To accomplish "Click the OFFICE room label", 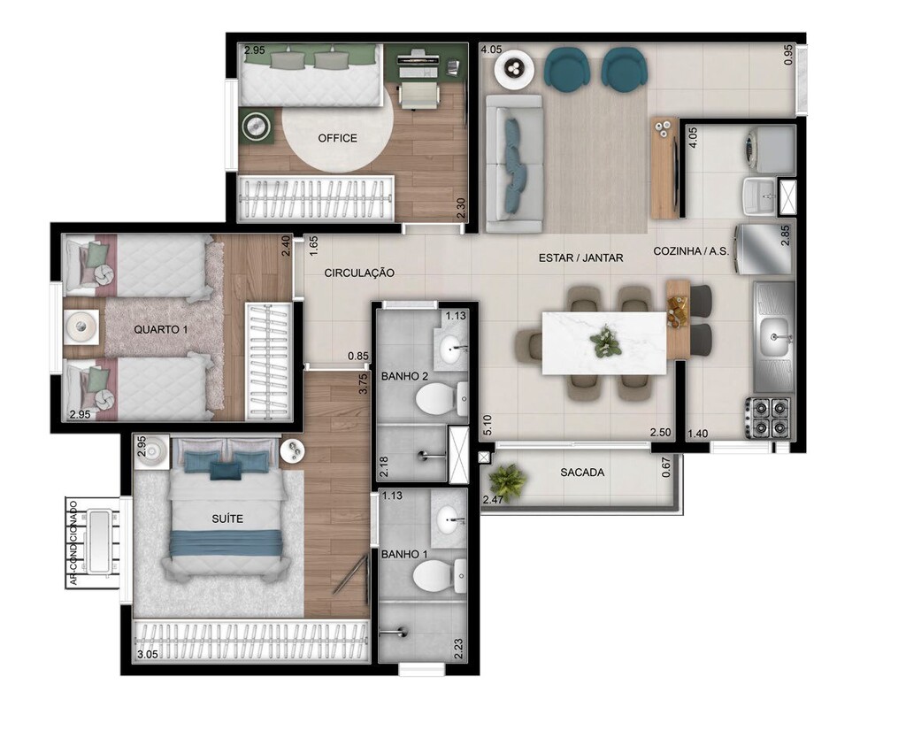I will pos(337,138).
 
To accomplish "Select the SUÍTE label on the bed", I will pos(227,519).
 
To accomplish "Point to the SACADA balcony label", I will pos(582,473).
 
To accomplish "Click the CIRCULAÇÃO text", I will pos(359,273).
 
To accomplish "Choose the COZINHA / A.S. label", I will pos(690,251).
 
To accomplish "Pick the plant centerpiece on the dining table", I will pos(607,340).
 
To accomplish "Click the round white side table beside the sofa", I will pos(513,70).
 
